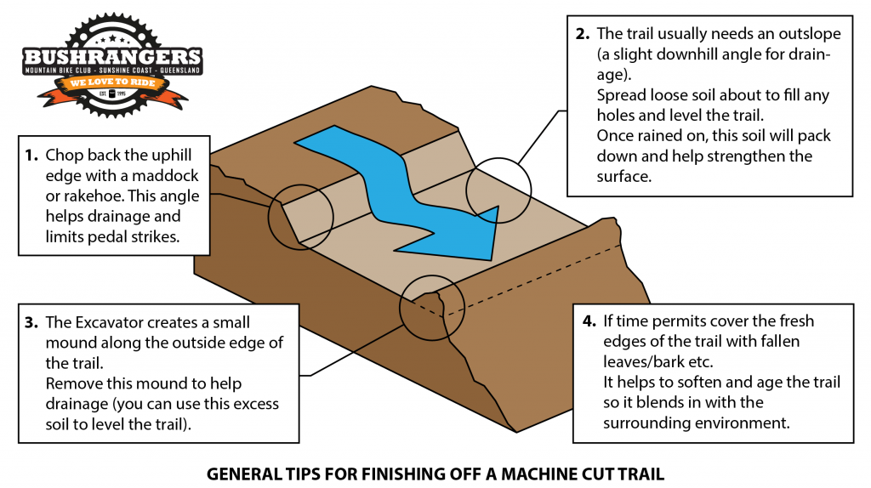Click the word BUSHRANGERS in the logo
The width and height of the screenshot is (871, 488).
[x=111, y=54]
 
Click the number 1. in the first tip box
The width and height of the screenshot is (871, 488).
[x=31, y=156]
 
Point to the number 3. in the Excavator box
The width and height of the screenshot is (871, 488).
[x=31, y=323]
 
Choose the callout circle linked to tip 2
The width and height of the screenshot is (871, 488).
[x=498, y=190]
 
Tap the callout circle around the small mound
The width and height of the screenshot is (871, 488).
[x=432, y=307]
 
